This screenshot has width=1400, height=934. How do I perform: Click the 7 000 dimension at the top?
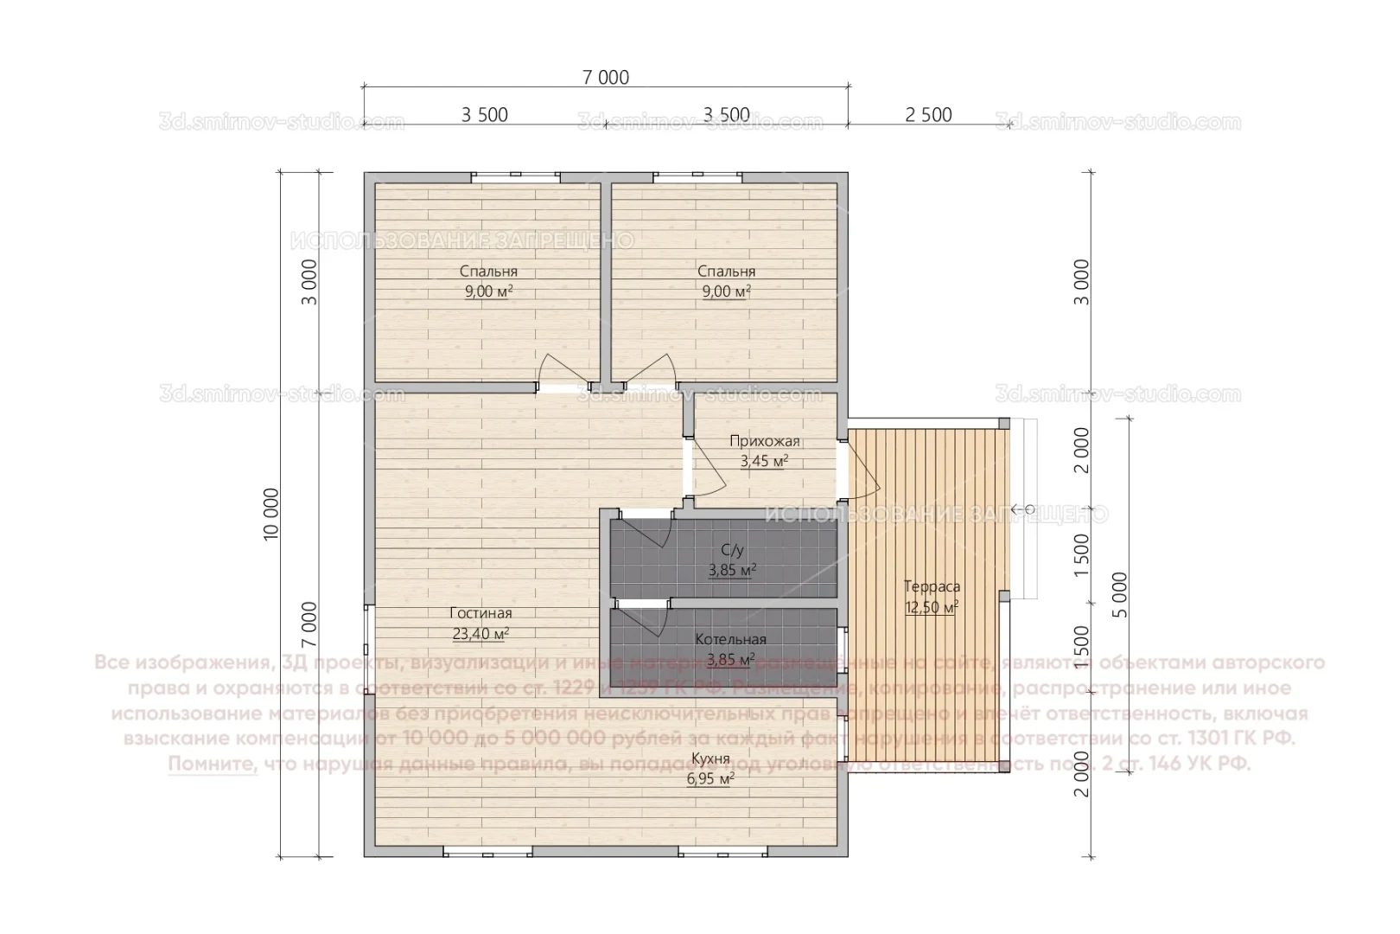pos(605,78)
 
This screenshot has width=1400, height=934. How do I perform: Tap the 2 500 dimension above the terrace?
pos(929,115)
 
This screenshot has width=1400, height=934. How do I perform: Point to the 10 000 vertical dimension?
pos(272,515)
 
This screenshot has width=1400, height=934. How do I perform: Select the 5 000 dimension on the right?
pos(1120,595)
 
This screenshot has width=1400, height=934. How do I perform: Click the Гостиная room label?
pos(480,614)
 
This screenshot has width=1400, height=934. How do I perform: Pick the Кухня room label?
pos(710,759)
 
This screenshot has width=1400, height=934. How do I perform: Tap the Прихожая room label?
pos(764,442)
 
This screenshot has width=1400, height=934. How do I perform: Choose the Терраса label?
pos(932,587)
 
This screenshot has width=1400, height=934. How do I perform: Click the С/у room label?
pos(732,550)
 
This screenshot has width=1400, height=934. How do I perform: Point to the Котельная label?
pos(731,640)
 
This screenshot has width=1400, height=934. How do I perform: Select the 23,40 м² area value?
pos(480,634)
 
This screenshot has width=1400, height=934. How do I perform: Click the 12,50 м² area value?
pos(932,607)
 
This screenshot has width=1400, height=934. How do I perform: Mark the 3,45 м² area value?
pos(764,461)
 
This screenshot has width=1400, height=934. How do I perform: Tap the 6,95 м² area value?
pos(710,779)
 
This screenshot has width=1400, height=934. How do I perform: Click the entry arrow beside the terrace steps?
pos(1017,509)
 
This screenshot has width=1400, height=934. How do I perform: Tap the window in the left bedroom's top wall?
pos(515,176)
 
